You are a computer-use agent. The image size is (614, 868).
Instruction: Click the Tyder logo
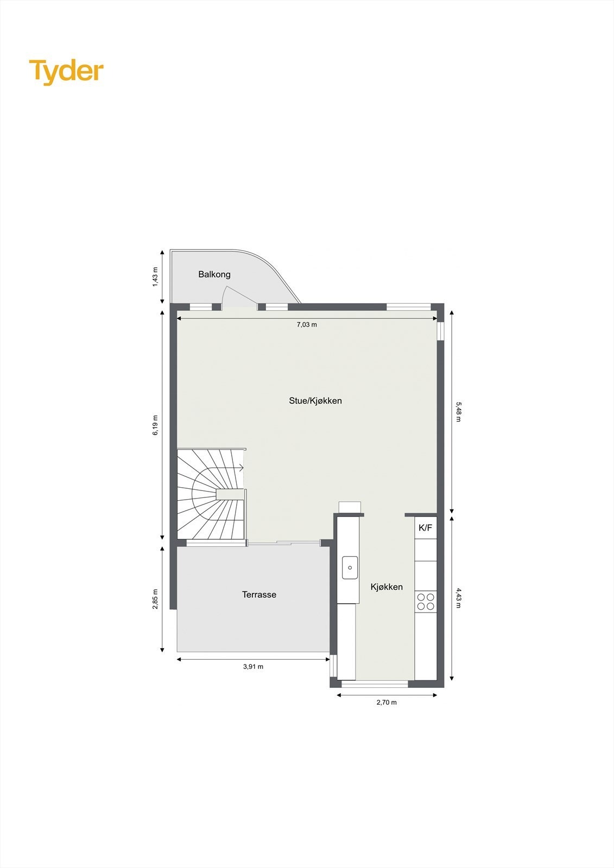66,71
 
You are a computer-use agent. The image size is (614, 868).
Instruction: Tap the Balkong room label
214,275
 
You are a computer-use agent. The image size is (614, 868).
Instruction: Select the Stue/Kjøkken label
315,401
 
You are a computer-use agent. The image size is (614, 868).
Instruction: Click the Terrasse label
259,595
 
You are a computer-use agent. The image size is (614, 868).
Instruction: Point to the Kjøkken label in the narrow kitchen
387,587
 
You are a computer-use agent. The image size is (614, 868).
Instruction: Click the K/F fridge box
425,528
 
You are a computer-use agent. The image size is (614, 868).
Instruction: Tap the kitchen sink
350,567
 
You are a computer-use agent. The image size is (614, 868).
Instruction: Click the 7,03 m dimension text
306,325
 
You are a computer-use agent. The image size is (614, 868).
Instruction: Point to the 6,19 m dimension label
155,425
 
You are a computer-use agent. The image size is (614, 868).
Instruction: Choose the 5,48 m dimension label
458,412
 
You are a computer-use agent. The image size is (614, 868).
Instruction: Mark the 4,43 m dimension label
458,598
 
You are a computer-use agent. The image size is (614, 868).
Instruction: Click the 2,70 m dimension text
387,703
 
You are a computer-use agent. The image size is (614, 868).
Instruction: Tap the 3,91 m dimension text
253,667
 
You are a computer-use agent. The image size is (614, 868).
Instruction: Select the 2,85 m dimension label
155,599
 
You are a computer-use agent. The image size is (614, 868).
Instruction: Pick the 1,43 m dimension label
155,277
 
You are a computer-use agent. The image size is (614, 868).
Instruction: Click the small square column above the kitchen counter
350,507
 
